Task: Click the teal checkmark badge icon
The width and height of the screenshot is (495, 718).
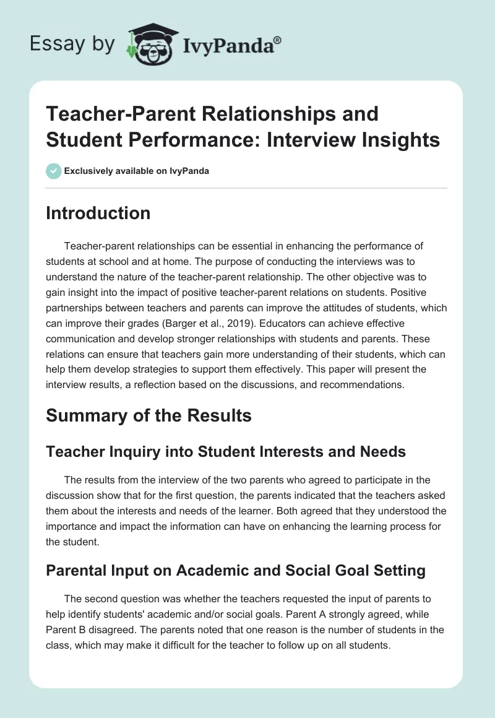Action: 53,171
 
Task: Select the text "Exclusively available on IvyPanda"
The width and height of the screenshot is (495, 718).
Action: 136,171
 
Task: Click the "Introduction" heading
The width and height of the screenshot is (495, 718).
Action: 98,213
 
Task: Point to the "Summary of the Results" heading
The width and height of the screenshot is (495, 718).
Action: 148,415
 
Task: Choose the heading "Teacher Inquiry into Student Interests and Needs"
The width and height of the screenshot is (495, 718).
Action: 226,452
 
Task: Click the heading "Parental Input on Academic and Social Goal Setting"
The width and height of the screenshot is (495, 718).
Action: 235,570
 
